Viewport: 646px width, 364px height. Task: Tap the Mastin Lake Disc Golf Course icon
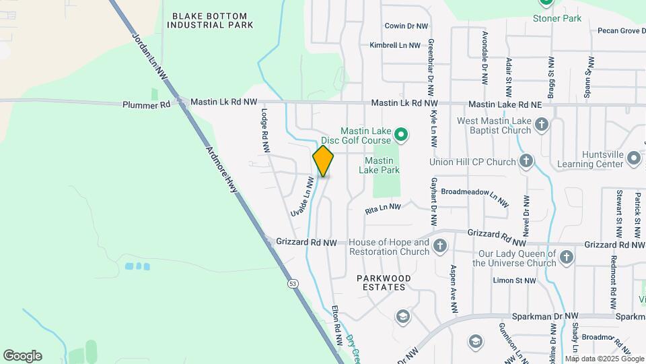click(x=401, y=135)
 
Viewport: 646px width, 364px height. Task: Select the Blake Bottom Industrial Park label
click(x=210, y=20)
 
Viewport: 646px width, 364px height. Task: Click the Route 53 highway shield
click(x=293, y=284)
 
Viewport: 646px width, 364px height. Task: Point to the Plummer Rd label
click(x=147, y=105)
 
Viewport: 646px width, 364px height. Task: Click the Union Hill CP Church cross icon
click(x=526, y=162)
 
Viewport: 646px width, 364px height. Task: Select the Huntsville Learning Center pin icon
click(x=633, y=158)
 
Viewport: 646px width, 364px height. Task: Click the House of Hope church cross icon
click(x=440, y=246)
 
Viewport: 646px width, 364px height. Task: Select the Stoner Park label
click(x=557, y=18)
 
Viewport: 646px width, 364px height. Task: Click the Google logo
click(x=22, y=356)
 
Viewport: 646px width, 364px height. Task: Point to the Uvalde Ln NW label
click(x=303, y=197)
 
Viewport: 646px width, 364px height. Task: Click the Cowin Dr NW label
click(x=406, y=26)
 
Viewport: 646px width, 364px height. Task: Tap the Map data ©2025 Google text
click(x=604, y=359)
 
